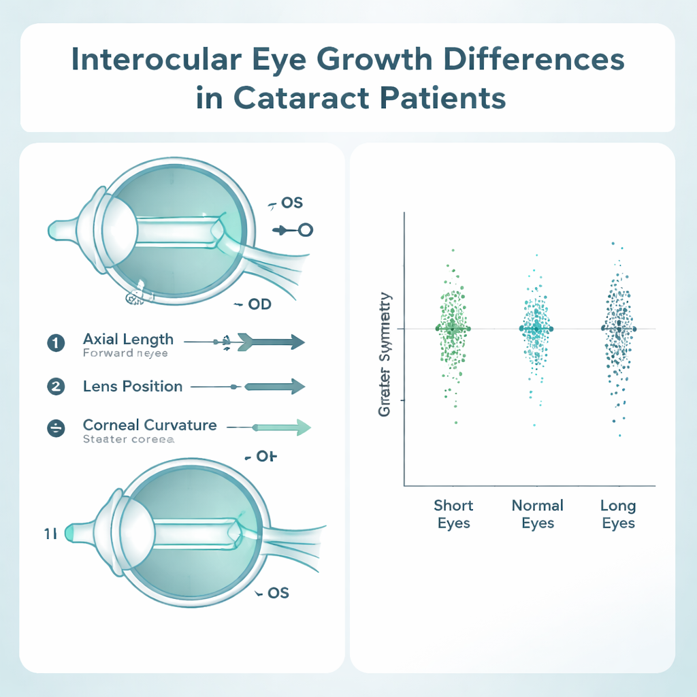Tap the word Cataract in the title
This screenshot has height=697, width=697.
click(295, 98)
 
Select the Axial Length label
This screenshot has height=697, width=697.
click(128, 339)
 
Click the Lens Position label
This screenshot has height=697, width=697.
click(133, 387)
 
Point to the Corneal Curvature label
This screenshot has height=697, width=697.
click(150, 425)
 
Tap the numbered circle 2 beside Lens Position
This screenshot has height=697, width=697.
click(55, 387)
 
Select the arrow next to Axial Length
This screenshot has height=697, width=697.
click(270, 342)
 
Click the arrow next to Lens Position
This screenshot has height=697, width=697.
click(272, 387)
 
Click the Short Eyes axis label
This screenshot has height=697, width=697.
click(453, 515)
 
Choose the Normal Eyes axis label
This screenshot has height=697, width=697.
click(538, 515)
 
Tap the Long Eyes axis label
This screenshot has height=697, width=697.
click(618, 515)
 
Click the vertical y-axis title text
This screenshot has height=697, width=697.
click(385, 355)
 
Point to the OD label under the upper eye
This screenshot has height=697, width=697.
click(259, 304)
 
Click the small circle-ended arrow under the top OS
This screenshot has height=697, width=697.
click(293, 231)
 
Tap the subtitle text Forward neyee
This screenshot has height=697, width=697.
click(125, 353)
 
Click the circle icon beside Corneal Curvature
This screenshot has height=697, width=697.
click(55, 428)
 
